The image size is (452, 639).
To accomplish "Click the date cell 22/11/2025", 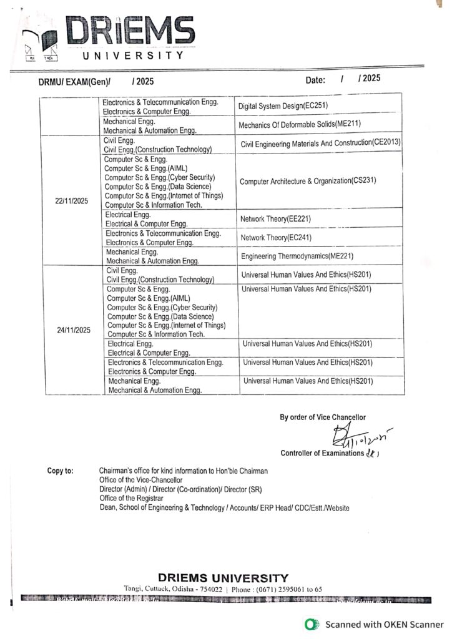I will [x=71, y=202].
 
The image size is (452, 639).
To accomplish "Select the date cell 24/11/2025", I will [x=74, y=330].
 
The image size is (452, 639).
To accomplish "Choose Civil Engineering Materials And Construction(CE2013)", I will [x=320, y=144].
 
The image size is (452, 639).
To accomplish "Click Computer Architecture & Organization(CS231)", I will [x=308, y=181].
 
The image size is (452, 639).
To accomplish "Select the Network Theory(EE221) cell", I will [x=275, y=219].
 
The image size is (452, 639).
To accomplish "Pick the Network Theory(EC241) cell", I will [x=275, y=238].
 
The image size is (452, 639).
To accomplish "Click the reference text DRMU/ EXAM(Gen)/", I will [x=74, y=81].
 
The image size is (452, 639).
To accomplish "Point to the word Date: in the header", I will [x=315, y=80].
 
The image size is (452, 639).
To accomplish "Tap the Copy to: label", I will [x=61, y=471].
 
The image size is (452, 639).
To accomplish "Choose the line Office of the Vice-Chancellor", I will [x=140, y=480].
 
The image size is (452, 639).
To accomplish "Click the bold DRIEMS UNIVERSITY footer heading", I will [x=223, y=578].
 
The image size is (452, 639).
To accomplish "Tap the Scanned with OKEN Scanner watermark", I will [x=374, y=624].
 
